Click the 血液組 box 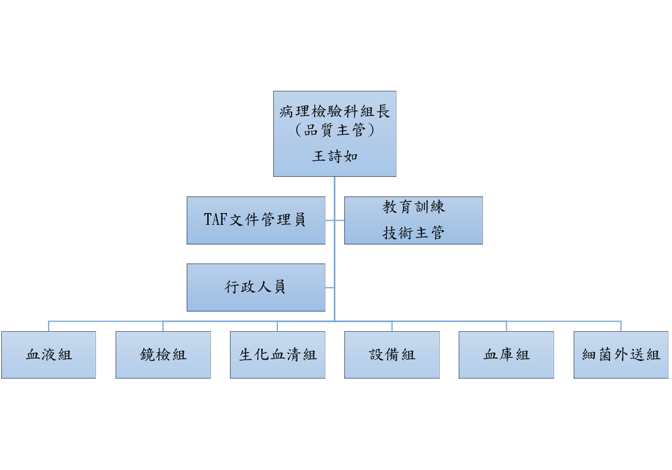49,354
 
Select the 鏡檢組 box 163,354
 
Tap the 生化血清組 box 277,354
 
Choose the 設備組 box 392,354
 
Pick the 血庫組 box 506,354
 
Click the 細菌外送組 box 621,354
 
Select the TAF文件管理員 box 256,220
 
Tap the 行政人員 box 256,287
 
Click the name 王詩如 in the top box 335,156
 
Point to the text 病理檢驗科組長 335,111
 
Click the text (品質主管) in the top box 335,129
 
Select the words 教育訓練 414,207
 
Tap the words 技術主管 414,233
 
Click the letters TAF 215,220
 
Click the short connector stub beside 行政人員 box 329,288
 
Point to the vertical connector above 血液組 49,326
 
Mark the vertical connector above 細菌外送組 621,326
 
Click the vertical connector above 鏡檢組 163,326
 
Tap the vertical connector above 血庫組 507,326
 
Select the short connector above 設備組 392,326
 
